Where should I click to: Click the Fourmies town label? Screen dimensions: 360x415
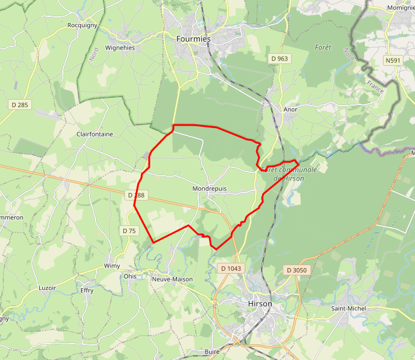click(x=193, y=39)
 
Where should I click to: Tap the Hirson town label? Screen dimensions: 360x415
click(x=260, y=303)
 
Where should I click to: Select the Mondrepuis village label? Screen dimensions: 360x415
click(x=210, y=188)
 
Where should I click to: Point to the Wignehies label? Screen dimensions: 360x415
click(x=120, y=47)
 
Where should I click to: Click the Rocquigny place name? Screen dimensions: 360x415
click(x=82, y=25)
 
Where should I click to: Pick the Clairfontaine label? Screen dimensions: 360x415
click(x=95, y=134)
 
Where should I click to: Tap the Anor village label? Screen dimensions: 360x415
click(x=291, y=109)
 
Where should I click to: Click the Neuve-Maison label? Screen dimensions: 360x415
click(x=169, y=279)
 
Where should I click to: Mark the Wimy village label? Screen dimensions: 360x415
click(x=112, y=266)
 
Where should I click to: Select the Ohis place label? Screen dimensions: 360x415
click(x=130, y=277)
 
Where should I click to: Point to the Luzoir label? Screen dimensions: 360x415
click(x=47, y=288)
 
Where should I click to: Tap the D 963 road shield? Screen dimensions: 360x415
click(x=280, y=59)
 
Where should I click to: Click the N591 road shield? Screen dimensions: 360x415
click(x=394, y=60)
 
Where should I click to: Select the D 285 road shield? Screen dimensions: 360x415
click(x=20, y=105)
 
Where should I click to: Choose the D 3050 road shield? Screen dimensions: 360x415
click(x=297, y=270)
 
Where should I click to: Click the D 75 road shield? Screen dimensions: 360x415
click(x=129, y=231)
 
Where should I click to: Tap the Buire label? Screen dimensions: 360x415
click(x=211, y=351)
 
